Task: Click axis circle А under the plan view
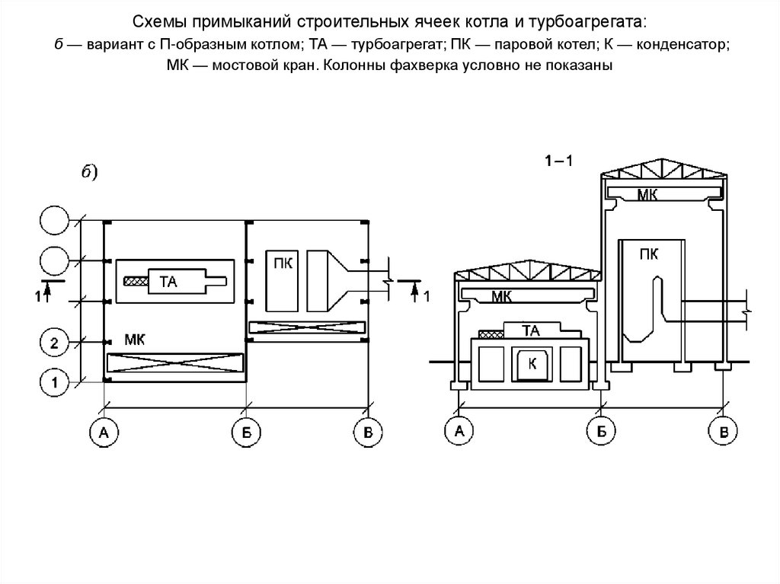(x=104, y=433)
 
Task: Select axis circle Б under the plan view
(x=245, y=433)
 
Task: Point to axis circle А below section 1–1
(x=459, y=432)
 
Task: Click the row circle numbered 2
(x=54, y=344)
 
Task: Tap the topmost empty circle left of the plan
(x=54, y=222)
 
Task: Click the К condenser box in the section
(x=532, y=365)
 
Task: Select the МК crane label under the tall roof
(x=648, y=195)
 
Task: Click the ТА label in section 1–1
(x=532, y=330)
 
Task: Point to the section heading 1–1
(x=558, y=161)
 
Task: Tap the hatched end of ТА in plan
(x=137, y=282)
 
